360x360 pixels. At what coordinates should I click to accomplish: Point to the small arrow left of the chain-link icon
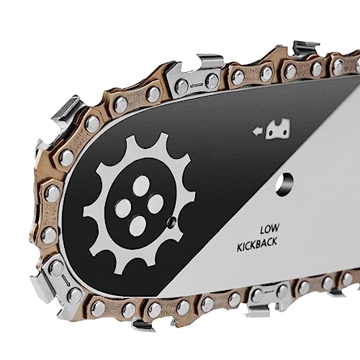click(x=255, y=131)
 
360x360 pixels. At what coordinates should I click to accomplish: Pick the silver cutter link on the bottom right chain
click(x=264, y=294)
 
